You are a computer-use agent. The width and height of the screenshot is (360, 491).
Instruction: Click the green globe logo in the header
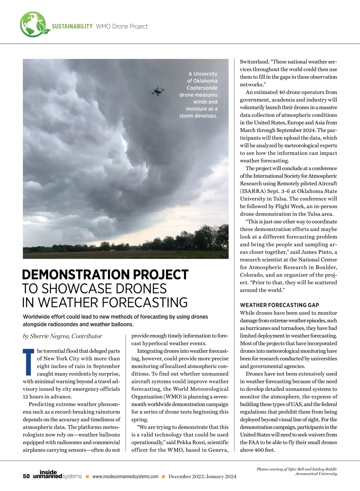[34, 24]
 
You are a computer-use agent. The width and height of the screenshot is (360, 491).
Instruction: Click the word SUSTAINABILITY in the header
[72, 26]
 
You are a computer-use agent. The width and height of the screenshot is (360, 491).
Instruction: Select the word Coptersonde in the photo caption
[202, 88]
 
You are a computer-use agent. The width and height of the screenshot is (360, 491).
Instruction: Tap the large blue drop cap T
[28, 362]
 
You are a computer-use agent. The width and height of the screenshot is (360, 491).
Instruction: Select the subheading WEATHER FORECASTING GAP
[279, 305]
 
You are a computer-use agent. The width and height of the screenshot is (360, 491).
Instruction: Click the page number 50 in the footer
[26, 476]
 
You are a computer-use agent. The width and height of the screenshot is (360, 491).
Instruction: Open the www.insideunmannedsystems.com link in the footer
[125, 477]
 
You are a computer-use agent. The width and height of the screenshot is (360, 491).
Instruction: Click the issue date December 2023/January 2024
[202, 477]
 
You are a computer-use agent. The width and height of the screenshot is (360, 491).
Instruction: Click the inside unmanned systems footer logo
[57, 475]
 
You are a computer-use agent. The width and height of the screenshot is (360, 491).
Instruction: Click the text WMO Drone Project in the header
[121, 26]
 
